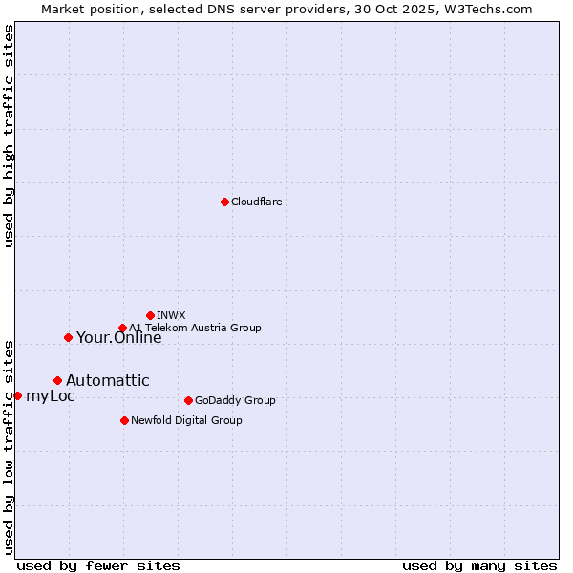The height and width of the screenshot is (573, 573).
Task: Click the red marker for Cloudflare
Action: [224, 202]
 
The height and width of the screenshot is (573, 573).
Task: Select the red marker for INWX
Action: [150, 315]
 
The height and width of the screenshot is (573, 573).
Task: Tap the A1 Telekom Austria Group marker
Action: [122, 328]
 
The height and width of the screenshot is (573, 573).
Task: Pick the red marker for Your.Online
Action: [68, 337]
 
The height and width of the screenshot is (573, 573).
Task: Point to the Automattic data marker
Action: [57, 380]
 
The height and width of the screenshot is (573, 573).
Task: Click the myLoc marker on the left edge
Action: [17, 395]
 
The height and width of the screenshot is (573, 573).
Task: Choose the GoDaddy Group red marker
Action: [188, 400]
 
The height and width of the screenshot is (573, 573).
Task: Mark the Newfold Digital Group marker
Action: [124, 420]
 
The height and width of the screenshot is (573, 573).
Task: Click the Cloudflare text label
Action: [257, 202]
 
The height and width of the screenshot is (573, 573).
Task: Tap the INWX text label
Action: [171, 315]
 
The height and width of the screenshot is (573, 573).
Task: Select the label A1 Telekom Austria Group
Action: [195, 328]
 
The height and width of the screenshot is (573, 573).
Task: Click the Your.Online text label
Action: [118, 337]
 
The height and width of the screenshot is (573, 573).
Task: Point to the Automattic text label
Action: [107, 380]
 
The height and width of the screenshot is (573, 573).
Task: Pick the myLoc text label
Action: [51, 395]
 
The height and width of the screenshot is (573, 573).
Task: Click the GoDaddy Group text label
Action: [235, 400]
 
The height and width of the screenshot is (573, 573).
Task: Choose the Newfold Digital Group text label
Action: [186, 420]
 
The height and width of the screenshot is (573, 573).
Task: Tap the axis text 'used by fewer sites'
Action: [98, 565]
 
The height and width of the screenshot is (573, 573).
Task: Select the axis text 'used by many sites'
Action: [479, 565]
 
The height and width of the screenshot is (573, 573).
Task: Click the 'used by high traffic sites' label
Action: [9, 137]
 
